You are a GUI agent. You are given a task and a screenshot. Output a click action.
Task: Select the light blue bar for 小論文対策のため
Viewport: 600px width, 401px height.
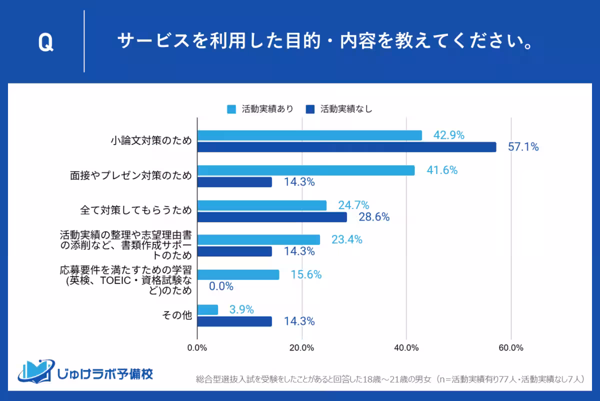[x=309, y=135]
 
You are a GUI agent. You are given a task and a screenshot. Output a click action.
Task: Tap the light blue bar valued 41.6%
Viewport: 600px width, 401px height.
[x=306, y=170]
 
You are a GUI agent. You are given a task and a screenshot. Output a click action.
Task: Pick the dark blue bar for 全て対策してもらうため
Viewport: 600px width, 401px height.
[x=272, y=217]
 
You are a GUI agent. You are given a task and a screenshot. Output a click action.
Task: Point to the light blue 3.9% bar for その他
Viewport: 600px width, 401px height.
[x=208, y=310]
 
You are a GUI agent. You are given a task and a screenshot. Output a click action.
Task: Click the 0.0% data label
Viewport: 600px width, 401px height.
[x=221, y=286]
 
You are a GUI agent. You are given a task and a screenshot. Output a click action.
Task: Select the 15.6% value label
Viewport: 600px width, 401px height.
[x=306, y=274]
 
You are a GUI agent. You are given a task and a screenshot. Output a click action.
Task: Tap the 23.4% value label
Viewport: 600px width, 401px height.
[x=346, y=240]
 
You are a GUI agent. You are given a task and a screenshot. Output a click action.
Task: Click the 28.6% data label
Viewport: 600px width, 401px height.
[x=374, y=217]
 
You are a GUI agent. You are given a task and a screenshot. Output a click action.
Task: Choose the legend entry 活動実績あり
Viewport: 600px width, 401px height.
[x=260, y=108]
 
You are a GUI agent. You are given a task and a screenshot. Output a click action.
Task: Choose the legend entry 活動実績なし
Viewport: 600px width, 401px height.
[x=339, y=108]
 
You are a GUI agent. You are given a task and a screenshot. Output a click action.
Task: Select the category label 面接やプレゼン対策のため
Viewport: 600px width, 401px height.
[x=131, y=176]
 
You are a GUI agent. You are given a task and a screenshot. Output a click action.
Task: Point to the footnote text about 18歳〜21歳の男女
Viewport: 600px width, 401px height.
[x=390, y=379]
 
